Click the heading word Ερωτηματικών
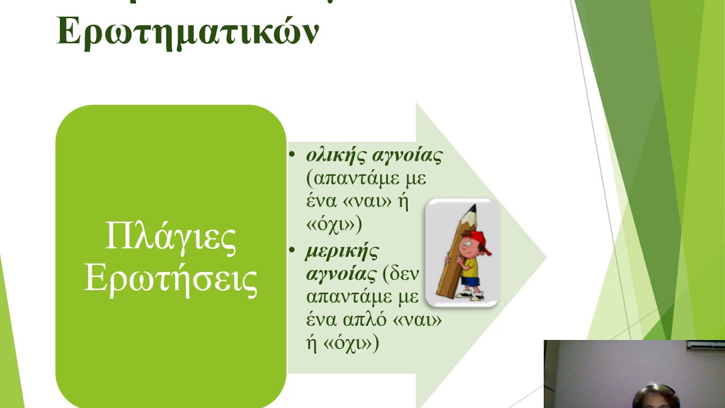point(188,32)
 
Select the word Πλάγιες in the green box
point(170,239)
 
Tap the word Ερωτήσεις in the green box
point(170,279)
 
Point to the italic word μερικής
point(342,250)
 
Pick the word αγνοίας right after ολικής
point(407,155)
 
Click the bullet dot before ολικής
point(292,154)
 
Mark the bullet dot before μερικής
point(292,249)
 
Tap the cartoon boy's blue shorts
point(470,281)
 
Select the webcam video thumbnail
point(634,374)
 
